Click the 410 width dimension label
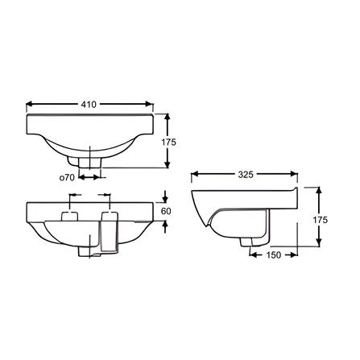pos(89,105)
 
